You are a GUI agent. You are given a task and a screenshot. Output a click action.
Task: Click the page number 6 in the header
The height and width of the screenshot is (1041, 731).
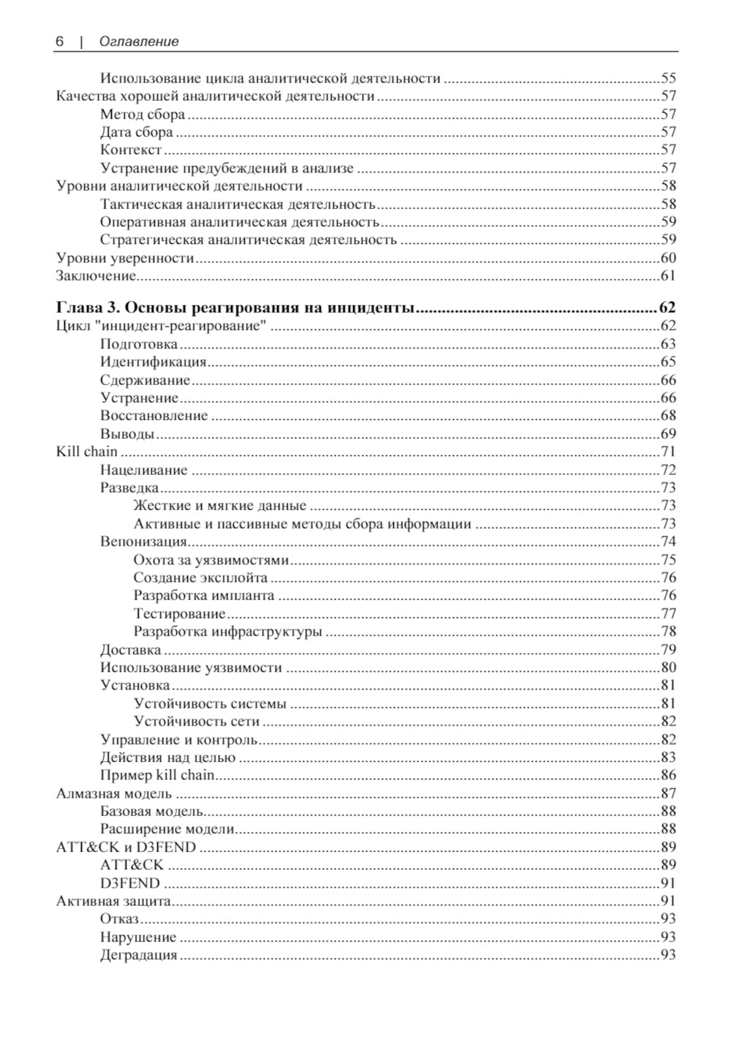[59, 42]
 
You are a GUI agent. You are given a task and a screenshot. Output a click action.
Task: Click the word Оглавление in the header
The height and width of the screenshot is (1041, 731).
[139, 42]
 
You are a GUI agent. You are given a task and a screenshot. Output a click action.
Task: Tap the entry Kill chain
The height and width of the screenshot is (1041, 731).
[86, 451]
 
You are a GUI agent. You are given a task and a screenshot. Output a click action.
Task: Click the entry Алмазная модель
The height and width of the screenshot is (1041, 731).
[114, 793]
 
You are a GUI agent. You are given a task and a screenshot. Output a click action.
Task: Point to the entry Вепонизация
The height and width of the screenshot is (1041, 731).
[143, 541]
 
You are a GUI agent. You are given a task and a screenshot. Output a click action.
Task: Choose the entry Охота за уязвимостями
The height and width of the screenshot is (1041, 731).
[211, 560]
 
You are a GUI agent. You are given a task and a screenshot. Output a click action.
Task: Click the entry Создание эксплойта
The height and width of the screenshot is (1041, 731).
[200, 578]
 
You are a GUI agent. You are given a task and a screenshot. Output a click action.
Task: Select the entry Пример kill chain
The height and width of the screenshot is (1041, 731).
[157, 775]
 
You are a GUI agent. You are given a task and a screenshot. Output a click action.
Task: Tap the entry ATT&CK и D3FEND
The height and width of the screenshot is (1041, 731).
[126, 847]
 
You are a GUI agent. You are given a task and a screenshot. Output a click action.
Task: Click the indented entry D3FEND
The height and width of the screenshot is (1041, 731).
[129, 883]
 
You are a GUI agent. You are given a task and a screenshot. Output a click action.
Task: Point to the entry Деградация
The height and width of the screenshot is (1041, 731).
[138, 955]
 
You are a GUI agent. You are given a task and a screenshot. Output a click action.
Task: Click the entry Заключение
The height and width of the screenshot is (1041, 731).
[96, 275]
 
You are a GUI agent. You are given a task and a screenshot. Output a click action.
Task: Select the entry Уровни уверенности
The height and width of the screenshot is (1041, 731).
[125, 258]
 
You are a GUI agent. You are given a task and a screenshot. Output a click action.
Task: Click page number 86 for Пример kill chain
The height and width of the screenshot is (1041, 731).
[668, 775]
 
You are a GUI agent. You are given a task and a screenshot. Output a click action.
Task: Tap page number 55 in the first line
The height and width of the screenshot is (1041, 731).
[668, 78]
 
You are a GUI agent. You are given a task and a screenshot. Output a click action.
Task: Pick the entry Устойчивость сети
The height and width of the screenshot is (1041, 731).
[196, 722]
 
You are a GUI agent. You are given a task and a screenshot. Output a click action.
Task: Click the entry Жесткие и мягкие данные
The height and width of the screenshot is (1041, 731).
[219, 506]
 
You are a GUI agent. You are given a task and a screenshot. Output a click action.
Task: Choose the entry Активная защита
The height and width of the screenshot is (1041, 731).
[113, 901]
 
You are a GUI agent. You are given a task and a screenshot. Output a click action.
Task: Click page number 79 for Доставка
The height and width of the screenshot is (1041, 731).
[668, 649]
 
